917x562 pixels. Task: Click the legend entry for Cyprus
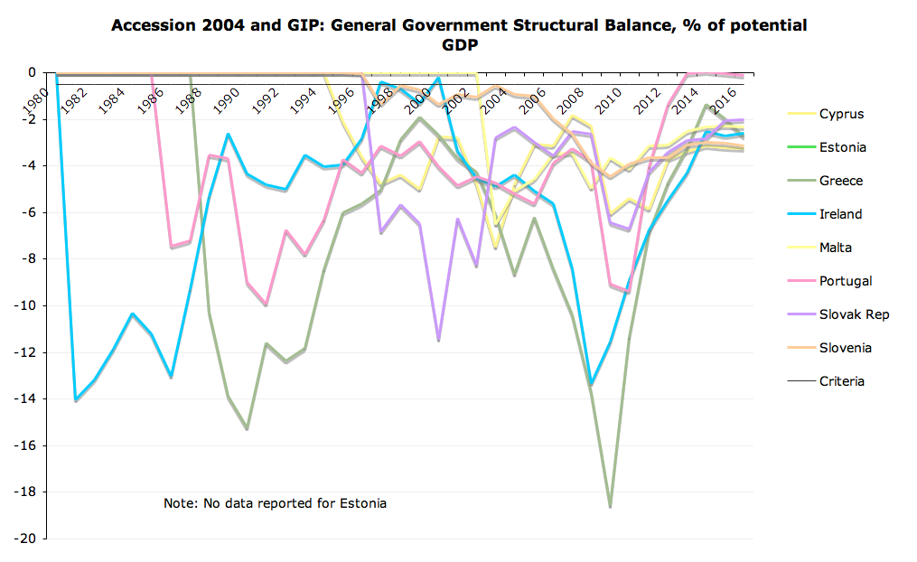click(841, 114)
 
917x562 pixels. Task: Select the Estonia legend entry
click(841, 147)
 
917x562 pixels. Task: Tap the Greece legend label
click(840, 181)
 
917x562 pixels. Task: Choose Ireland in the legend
click(840, 214)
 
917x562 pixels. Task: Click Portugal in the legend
click(846, 281)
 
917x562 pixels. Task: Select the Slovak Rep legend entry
click(854, 314)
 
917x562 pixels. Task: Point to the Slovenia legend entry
click(845, 348)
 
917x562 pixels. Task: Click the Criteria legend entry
click(842, 381)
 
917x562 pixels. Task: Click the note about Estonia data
click(275, 503)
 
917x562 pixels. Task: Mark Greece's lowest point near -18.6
click(610, 507)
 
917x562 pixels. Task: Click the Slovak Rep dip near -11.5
click(439, 340)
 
